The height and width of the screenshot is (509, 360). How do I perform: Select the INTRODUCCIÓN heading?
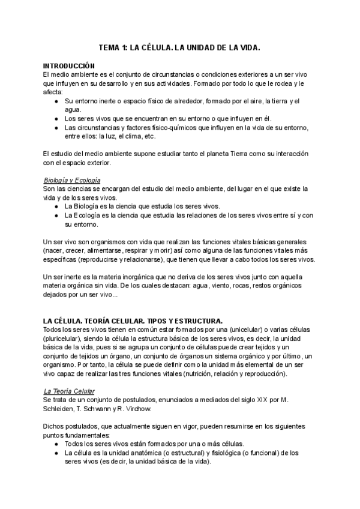click(70, 65)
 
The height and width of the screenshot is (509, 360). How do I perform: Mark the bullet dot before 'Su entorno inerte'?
click(56, 101)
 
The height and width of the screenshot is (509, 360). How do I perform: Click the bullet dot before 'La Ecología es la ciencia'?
click(56, 215)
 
